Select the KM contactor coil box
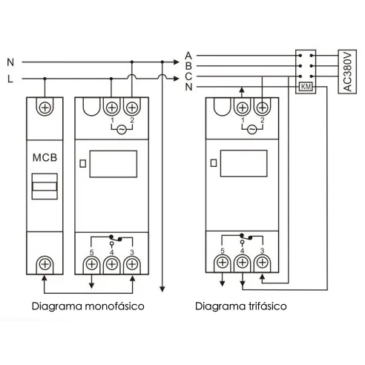(304, 87)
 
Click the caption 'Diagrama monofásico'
(88, 306)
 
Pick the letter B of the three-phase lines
(188, 65)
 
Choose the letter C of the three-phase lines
(188, 76)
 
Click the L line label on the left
(9, 77)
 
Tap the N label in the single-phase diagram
(9, 62)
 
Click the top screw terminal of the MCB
(45, 108)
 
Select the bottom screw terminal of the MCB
(45, 263)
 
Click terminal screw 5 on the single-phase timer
(92, 263)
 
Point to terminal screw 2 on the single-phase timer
(132, 108)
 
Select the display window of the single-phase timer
(113, 163)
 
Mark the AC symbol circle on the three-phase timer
(252, 128)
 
